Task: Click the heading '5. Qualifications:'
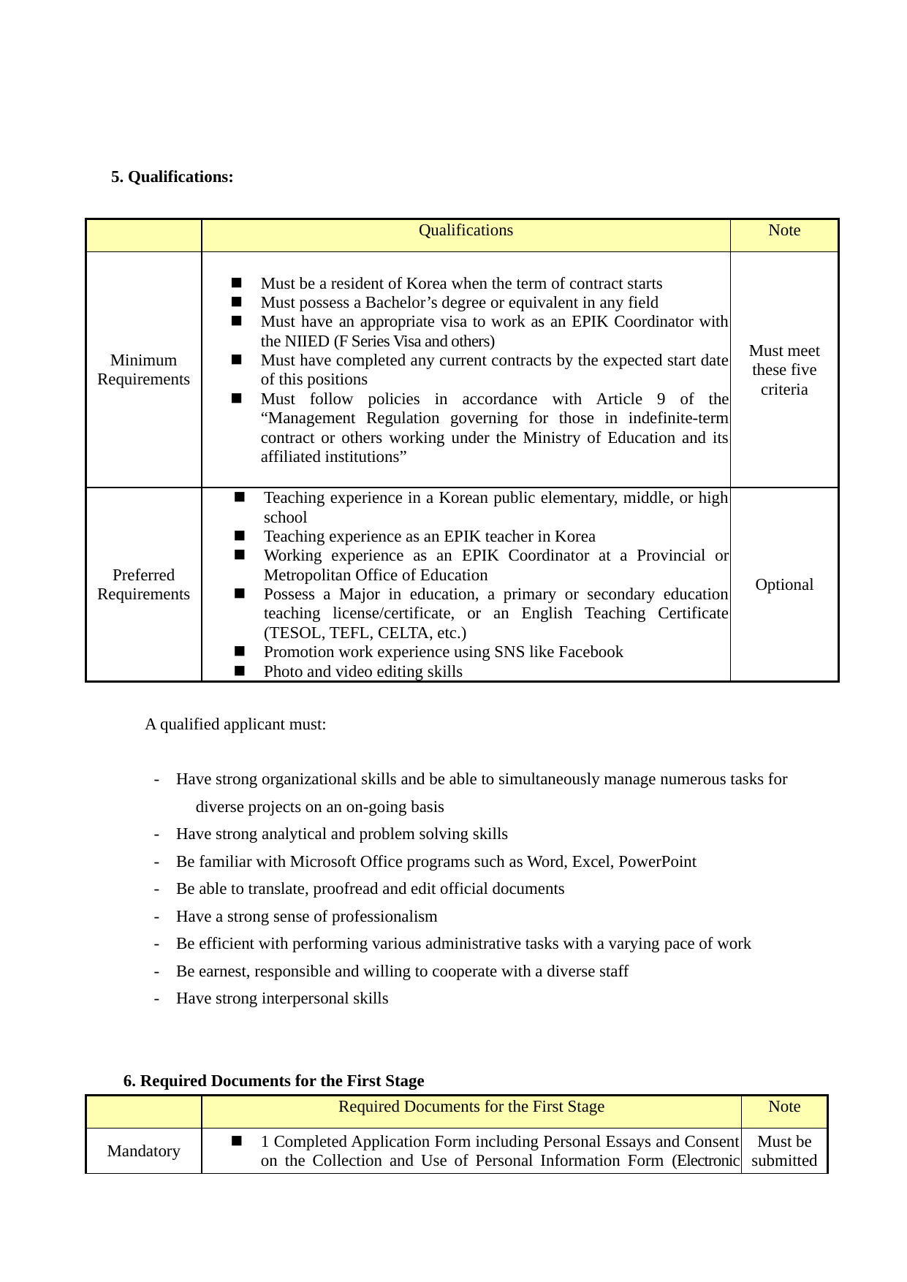click(172, 177)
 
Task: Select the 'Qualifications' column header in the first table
click(466, 230)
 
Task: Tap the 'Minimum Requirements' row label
click(143, 370)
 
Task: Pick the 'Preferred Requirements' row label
click(143, 585)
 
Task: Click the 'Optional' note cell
click(784, 585)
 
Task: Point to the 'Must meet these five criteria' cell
click(784, 370)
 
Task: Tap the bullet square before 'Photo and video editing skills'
click(240, 670)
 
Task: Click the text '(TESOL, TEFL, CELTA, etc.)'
click(365, 633)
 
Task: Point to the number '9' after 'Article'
click(661, 399)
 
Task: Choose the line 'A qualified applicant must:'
click(235, 724)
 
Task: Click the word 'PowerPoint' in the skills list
click(657, 862)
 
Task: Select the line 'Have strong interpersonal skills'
click(282, 998)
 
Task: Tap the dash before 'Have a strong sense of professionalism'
click(156, 917)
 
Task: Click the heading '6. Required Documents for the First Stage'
click(273, 1081)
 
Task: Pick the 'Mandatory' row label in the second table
click(143, 1151)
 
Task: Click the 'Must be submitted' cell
click(784, 1151)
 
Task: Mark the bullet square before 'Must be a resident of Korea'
click(237, 283)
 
